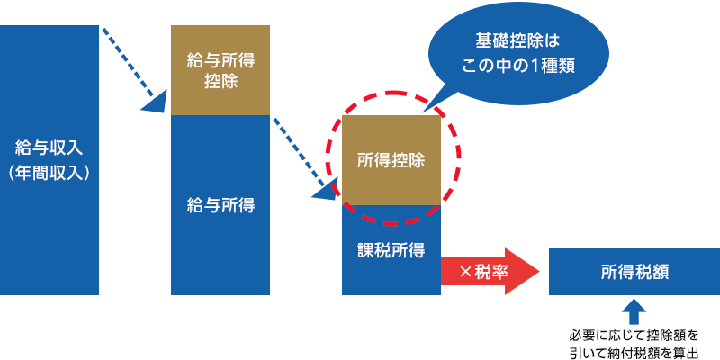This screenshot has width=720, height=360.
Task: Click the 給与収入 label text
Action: point(49,146)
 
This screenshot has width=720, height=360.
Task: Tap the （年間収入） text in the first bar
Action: point(49,173)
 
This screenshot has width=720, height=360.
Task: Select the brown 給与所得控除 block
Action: point(220,70)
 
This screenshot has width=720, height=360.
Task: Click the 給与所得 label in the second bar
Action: point(220,205)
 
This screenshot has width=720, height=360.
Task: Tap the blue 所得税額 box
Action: point(634,271)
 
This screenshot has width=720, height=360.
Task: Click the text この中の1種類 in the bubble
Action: point(517,66)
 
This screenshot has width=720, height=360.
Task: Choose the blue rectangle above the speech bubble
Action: point(518,13)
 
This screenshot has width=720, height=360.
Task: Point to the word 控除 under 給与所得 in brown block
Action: point(220,82)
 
